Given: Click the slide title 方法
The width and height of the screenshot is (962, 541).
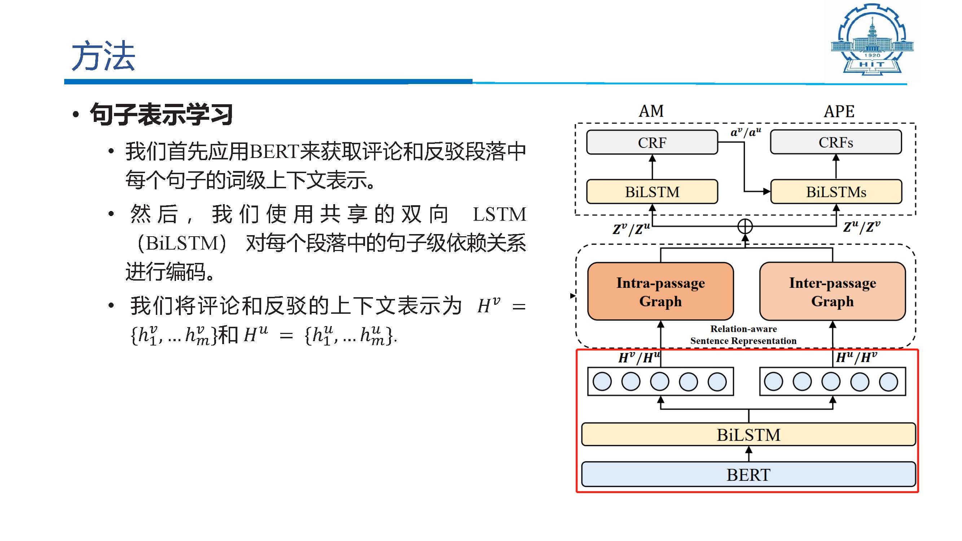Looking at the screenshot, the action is tap(103, 56).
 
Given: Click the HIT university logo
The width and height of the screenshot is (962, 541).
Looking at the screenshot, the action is tap(872, 39).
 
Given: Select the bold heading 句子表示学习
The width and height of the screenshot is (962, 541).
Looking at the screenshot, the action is tap(161, 114).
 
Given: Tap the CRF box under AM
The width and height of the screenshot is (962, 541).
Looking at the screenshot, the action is tap(652, 142).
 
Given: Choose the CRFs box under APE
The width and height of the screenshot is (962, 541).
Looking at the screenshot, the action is tap(836, 142).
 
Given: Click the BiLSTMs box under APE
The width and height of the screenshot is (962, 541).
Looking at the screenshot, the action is tap(836, 192).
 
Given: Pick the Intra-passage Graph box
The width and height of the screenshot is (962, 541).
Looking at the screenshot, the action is tap(660, 291).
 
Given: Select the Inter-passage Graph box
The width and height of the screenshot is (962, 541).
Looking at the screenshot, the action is tap(833, 291).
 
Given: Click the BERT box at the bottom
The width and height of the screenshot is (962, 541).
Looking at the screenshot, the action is tap(748, 475).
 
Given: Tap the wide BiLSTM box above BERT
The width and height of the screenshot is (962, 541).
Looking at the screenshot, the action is tap(748, 435).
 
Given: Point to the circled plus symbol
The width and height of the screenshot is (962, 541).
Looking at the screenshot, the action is tap(745, 226).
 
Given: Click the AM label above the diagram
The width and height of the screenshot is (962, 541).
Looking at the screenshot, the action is tap(651, 111).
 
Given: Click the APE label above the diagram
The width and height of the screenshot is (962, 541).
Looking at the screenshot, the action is tap(839, 111).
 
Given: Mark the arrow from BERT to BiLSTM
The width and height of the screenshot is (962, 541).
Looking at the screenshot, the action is tap(748, 454).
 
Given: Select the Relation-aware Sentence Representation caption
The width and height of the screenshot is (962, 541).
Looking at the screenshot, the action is tap(743, 335).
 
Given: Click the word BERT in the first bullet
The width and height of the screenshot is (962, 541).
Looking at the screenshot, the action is tap(274, 152).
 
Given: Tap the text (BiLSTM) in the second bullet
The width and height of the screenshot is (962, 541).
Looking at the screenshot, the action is tap(182, 243).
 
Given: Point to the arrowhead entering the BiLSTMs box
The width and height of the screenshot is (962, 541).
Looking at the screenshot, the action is tap(767, 192).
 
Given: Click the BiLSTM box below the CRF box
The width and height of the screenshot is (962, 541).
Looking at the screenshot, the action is tap(652, 192).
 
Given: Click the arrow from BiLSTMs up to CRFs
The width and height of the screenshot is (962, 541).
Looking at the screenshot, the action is tap(836, 167).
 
